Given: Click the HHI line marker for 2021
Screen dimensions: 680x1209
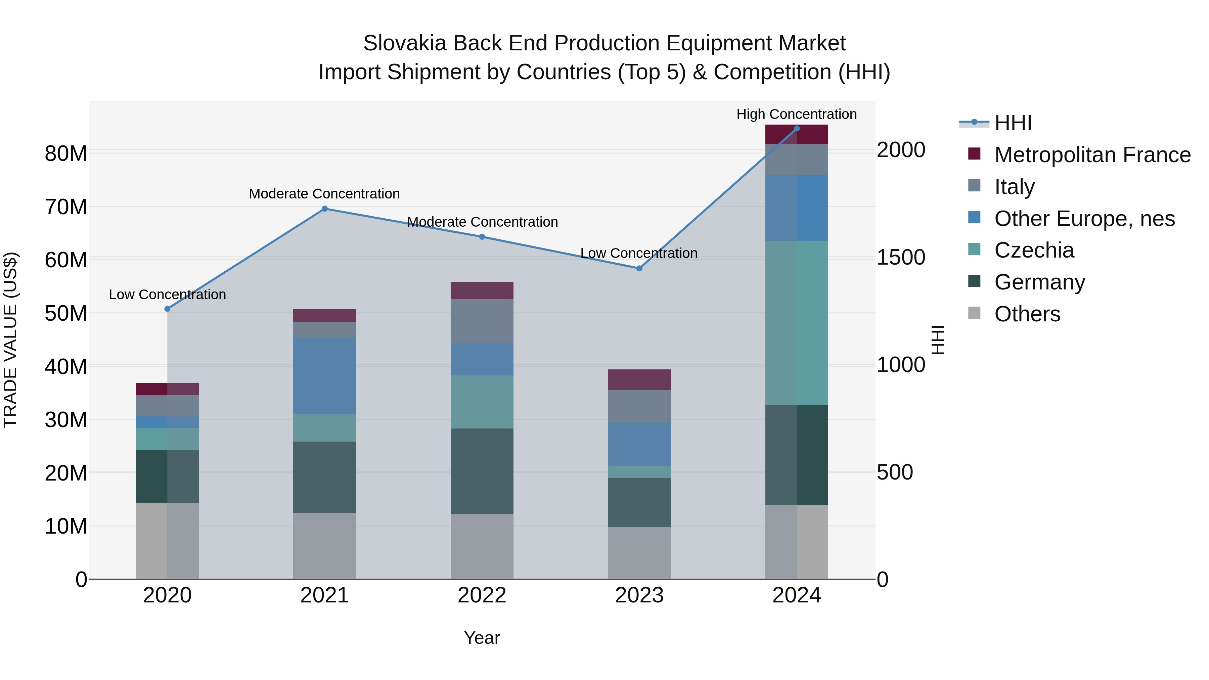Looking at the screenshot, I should (x=324, y=209).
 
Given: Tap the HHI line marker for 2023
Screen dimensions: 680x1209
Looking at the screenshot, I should (x=639, y=268).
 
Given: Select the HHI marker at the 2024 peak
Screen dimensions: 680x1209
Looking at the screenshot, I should (x=797, y=129).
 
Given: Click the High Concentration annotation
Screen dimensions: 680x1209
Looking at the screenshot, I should (x=797, y=114).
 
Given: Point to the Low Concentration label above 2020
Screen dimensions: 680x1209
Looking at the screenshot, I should (x=168, y=295).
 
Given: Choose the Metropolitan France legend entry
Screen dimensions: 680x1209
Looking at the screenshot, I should (x=1092, y=155).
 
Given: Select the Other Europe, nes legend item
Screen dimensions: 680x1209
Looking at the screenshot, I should (x=1084, y=219).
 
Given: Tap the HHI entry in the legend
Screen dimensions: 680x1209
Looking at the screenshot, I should (x=1013, y=123).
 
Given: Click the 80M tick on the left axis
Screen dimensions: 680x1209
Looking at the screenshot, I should (x=66, y=153).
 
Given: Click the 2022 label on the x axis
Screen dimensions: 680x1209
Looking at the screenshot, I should (x=482, y=595).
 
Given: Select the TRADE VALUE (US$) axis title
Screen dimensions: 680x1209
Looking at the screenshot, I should (x=10, y=340).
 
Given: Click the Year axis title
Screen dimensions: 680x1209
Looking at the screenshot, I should (x=482, y=638).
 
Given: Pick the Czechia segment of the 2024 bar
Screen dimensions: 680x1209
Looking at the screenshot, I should (x=797, y=323).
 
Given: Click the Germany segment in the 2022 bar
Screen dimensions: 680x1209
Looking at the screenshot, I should (x=482, y=471).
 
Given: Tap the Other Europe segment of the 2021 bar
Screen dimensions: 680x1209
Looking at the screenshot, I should (x=324, y=375).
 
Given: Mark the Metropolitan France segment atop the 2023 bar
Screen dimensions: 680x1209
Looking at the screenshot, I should (x=639, y=380).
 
